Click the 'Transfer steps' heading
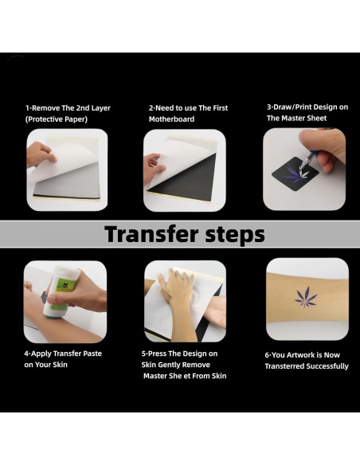click(x=184, y=234)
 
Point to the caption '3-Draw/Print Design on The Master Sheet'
click(x=306, y=112)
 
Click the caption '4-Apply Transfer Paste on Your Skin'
click(x=63, y=358)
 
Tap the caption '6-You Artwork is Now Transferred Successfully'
click(x=307, y=360)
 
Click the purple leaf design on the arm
click(x=306, y=298)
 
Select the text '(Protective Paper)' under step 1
click(x=57, y=119)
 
